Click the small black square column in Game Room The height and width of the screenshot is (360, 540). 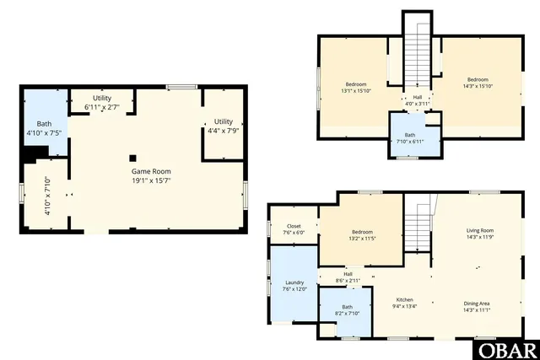tap(132, 158)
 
